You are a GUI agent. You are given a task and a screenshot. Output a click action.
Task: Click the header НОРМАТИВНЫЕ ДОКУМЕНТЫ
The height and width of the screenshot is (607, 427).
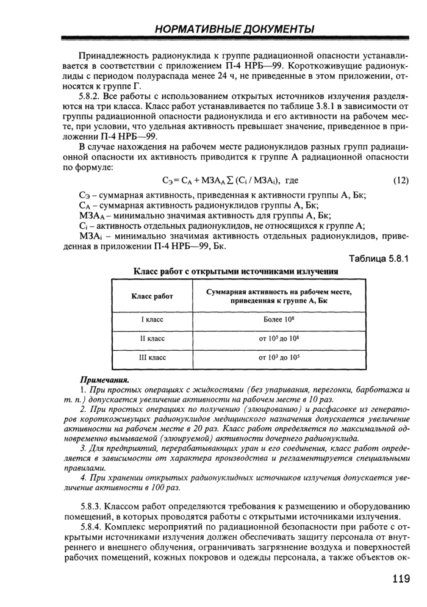(x=235, y=29)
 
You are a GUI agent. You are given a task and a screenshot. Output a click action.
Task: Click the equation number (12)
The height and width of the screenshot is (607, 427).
(x=400, y=181)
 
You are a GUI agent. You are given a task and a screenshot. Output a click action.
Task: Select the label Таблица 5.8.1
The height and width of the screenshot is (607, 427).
(x=378, y=258)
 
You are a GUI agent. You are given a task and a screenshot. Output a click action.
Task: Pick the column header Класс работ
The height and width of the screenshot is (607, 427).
(x=152, y=296)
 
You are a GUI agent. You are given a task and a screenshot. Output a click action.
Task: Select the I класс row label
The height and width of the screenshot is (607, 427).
(x=152, y=319)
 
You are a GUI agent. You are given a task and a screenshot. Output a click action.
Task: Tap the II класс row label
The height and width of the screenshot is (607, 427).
(x=152, y=337)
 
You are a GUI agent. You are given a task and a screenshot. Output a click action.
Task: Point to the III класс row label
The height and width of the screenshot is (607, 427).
(x=152, y=357)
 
